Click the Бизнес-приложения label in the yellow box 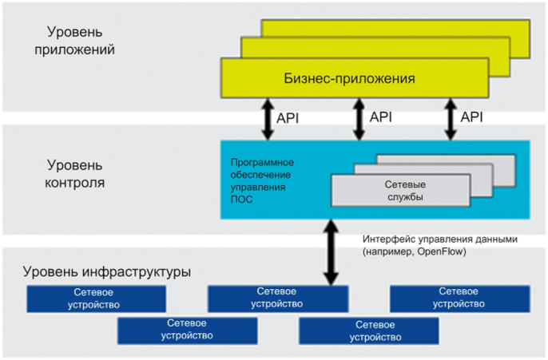(349, 78)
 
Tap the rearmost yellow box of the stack (395, 28)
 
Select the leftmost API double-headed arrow (268, 119)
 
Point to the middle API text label (380, 117)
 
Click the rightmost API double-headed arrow (451, 119)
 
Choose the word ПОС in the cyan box (241, 200)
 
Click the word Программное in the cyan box (262, 162)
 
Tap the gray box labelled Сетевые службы (400, 191)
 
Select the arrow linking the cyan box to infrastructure (331, 252)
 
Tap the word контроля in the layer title (75, 183)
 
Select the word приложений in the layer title (74, 49)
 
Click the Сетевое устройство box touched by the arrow (278, 299)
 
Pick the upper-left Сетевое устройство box (96, 299)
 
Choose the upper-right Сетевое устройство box (460, 299)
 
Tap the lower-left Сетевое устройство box (187, 330)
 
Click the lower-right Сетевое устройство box (369, 330)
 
